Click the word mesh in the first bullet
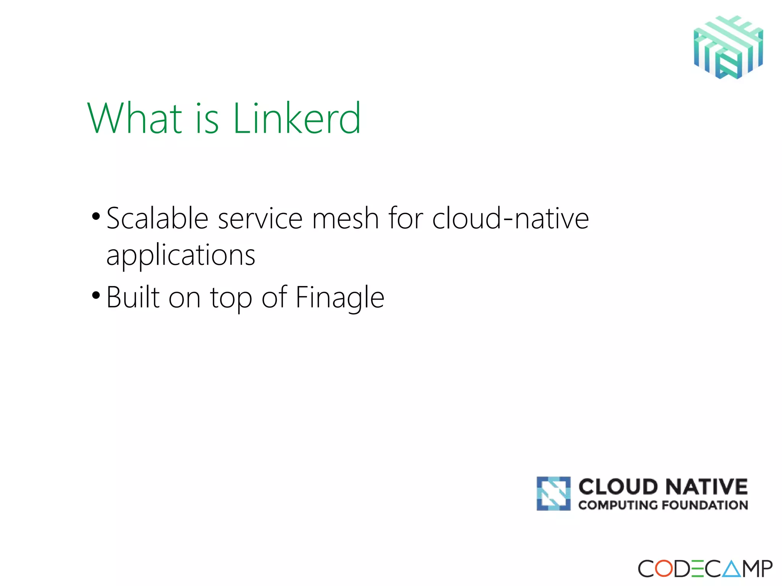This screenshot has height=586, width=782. (345, 218)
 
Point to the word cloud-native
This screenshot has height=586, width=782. (511, 218)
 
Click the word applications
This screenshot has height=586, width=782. (181, 255)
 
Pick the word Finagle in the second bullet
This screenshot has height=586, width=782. (340, 298)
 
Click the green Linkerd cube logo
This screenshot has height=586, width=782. (728, 47)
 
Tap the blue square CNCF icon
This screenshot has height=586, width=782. (553, 493)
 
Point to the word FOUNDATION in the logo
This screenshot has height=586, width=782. (704, 505)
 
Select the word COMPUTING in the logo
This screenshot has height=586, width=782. (618, 505)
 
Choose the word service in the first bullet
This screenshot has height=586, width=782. (260, 218)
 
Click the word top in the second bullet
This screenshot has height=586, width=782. (231, 298)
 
